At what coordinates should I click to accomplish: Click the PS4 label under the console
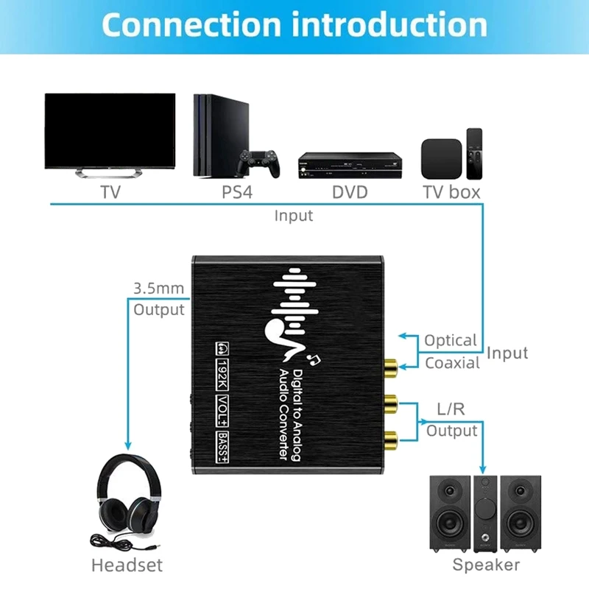coord(237,192)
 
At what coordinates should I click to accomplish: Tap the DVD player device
coord(350,165)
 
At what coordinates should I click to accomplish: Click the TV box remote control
coord(474,154)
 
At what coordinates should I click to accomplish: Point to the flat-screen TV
coord(110,135)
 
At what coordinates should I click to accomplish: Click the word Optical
coord(451,340)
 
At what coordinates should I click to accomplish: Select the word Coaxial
coord(452,363)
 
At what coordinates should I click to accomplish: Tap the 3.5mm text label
coord(159,289)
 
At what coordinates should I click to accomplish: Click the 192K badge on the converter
coord(222,374)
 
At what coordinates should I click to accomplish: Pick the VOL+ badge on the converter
coord(222,411)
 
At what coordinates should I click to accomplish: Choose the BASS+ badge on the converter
coord(222,447)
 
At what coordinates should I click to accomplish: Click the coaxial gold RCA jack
coord(391,367)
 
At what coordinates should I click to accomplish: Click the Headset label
coord(127,565)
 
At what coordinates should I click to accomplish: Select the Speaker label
coord(486,565)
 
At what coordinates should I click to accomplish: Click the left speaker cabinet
coord(450,513)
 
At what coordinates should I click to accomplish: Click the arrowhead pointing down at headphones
coord(127,446)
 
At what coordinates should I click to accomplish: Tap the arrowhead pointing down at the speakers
coord(483,469)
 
